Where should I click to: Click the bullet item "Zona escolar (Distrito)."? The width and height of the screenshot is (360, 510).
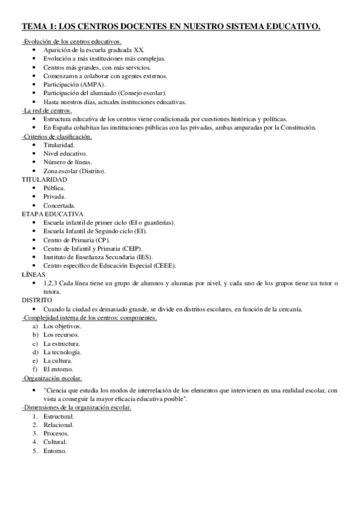[75, 171]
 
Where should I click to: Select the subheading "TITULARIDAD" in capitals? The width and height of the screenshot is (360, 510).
[44, 180]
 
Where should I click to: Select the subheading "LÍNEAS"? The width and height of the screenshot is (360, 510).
[33, 274]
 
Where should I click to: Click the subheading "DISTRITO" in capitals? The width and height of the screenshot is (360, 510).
[37, 300]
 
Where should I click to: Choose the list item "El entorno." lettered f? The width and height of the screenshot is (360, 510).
[58, 369]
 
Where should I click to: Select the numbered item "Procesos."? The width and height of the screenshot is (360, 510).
[56, 433]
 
